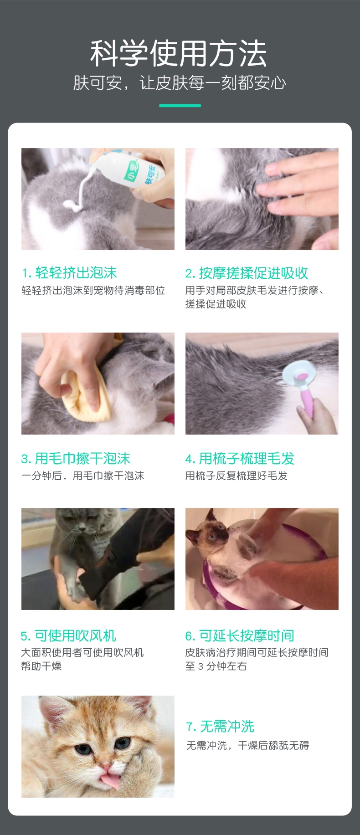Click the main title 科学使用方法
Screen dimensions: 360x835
tap(179, 53)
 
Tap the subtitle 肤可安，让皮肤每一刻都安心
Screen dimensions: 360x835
tap(180, 83)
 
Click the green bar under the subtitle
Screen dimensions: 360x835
tap(180, 105)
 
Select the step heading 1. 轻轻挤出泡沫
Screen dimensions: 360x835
tap(69, 272)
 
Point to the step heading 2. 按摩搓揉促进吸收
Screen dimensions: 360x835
tap(247, 273)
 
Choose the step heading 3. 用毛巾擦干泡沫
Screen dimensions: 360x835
tap(76, 458)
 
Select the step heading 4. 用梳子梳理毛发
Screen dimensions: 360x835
tap(240, 458)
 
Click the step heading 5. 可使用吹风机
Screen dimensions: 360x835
tap(68, 635)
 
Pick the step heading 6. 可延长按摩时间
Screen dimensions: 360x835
tap(240, 635)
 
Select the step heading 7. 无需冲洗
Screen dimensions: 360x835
tap(220, 726)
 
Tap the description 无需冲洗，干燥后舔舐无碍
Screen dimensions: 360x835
tap(248, 745)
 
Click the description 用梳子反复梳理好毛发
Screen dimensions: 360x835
tap(236, 476)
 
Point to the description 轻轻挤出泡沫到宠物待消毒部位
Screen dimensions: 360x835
tap(93, 290)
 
